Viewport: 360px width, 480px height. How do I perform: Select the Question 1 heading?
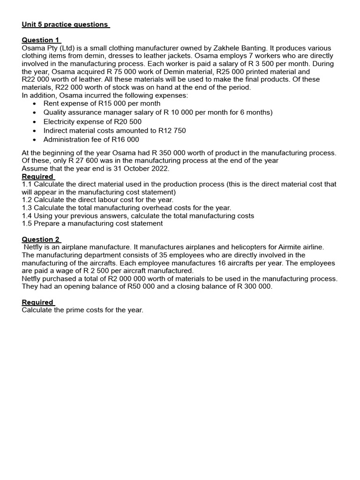(x=41, y=40)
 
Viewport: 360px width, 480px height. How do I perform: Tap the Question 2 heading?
(x=41, y=239)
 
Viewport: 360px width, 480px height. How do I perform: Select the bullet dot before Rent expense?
(x=34, y=104)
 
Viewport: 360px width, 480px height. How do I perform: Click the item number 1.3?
(x=27, y=208)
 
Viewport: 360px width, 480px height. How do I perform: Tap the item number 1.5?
(x=27, y=224)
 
